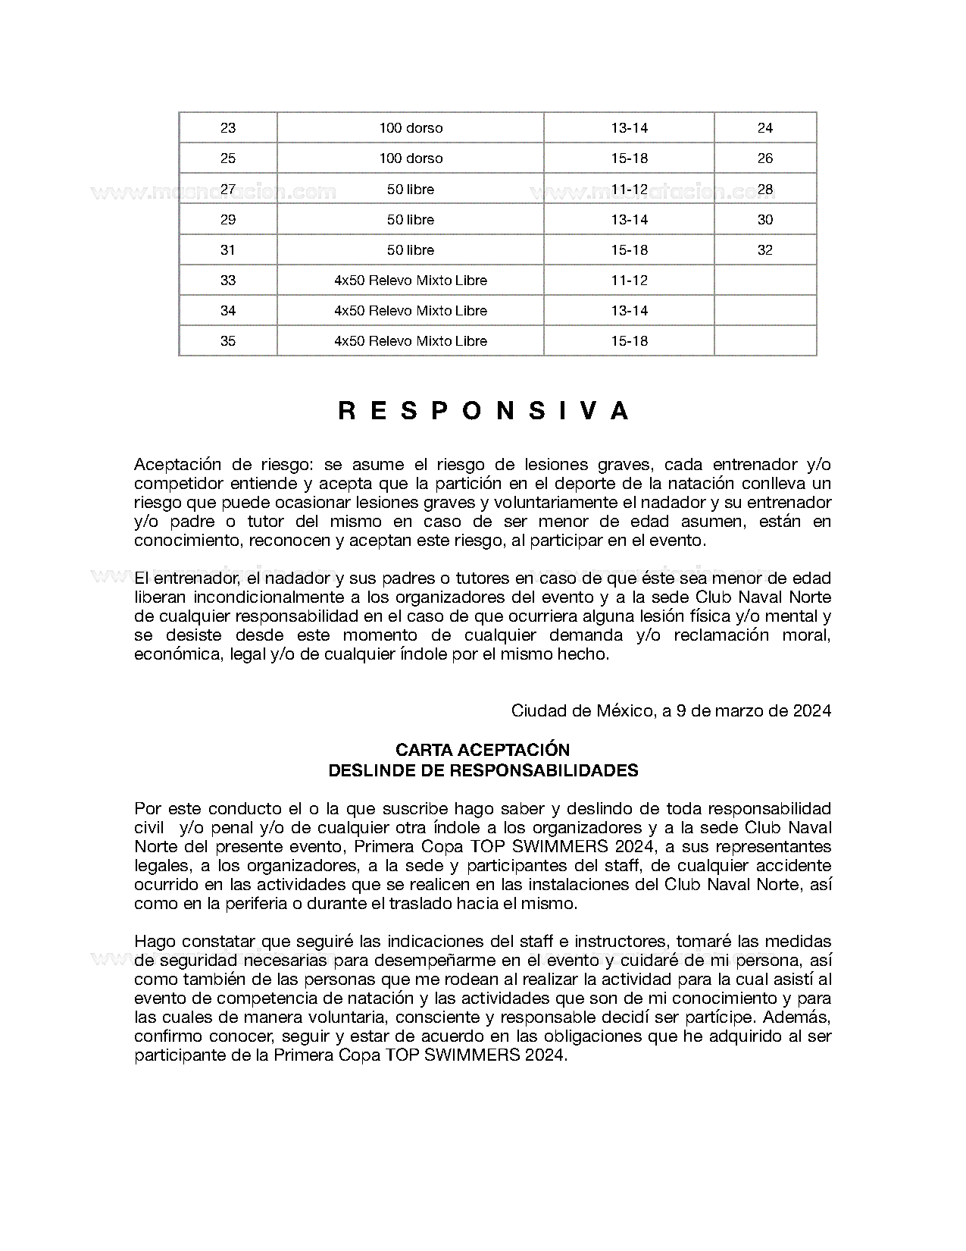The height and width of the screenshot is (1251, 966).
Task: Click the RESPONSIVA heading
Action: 483,410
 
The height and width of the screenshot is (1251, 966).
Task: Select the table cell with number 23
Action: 228,128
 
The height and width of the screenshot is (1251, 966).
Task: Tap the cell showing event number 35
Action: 228,341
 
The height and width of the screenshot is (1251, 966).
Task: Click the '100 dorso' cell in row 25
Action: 411,158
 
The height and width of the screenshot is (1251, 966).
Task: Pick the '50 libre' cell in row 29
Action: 411,220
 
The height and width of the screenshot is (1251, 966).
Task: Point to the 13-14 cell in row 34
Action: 629,311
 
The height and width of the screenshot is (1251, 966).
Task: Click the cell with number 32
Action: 765,250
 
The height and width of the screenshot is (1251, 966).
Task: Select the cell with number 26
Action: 765,158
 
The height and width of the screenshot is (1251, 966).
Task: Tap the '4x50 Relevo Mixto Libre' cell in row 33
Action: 411,281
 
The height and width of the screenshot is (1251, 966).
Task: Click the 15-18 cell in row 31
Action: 629,250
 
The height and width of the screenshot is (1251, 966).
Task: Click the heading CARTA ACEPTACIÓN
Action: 483,750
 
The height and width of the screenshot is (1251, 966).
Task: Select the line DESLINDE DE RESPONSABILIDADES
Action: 483,770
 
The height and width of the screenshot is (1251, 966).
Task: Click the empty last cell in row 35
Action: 765,341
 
